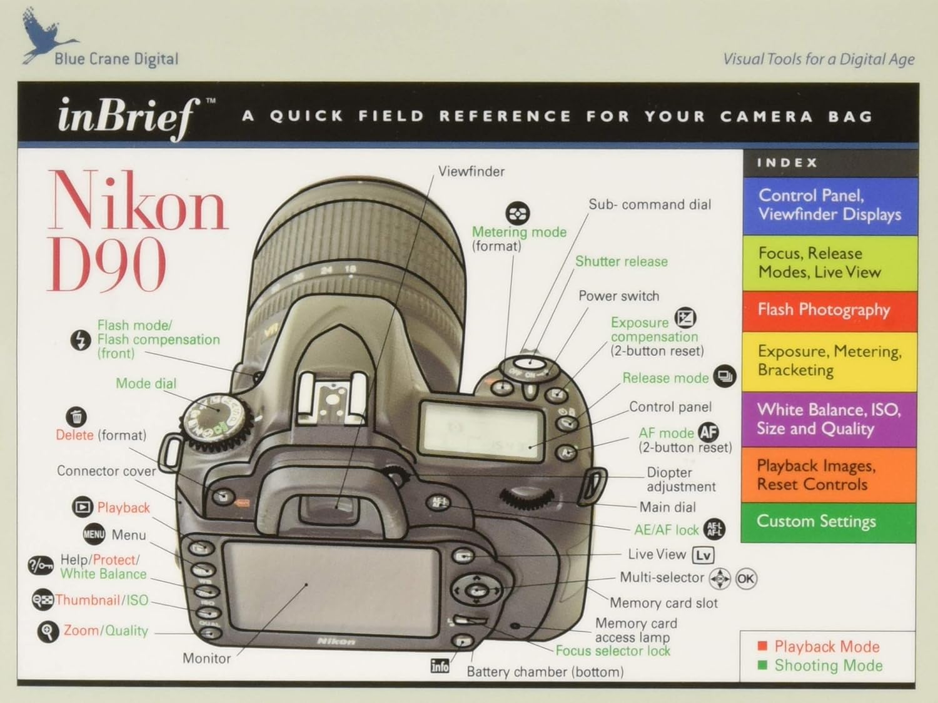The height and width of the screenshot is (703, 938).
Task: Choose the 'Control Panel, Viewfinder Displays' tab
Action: tap(829, 205)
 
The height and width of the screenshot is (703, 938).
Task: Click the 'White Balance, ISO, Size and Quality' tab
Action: tap(829, 419)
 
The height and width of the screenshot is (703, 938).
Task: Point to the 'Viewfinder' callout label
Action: tap(471, 171)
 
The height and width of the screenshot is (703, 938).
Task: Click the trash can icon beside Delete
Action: tap(76, 417)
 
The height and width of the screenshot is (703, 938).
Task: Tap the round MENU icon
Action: tap(94, 534)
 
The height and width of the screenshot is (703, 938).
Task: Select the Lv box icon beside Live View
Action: tap(703, 555)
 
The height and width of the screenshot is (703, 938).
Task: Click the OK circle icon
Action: tap(745, 579)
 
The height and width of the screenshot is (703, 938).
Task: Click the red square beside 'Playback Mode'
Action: tap(762, 646)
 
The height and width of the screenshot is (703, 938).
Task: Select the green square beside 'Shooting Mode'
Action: tap(762, 665)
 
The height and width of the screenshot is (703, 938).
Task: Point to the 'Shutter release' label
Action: tap(621, 261)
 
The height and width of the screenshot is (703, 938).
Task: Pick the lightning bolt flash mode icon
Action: tap(80, 340)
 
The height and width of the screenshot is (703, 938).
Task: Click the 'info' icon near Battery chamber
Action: tap(440, 666)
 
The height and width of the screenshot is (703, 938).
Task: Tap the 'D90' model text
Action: tap(107, 265)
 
